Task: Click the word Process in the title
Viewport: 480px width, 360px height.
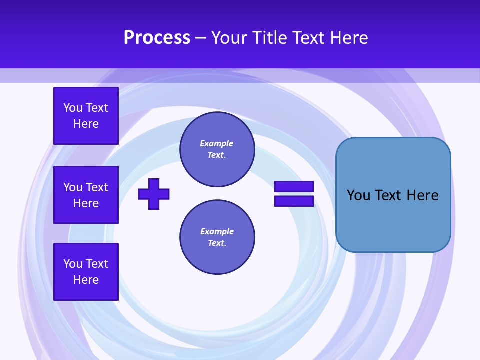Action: [157, 38]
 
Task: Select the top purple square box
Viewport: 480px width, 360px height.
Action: [86, 116]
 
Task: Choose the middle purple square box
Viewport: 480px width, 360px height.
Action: [86, 195]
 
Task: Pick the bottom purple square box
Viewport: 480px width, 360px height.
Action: [86, 271]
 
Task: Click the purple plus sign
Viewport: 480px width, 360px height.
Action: [154, 194]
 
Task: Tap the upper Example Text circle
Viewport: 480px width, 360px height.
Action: [217, 149]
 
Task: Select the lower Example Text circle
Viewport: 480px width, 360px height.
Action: [217, 237]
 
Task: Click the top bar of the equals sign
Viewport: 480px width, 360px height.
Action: [294, 187]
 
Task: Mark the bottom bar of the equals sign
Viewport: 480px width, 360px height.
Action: [294, 201]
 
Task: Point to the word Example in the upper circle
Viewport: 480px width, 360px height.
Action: [216, 143]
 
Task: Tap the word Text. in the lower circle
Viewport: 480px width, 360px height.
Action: [217, 243]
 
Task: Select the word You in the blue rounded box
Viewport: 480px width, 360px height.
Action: [358, 195]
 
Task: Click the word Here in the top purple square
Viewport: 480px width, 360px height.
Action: [86, 124]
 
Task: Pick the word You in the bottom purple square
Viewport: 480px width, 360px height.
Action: [73, 264]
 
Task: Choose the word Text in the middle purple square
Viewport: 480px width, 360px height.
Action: [97, 187]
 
